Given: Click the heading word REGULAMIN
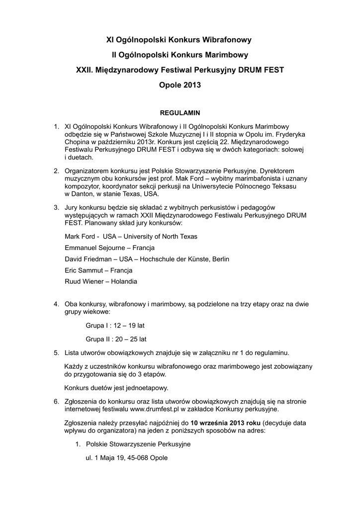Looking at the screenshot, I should (x=180, y=113).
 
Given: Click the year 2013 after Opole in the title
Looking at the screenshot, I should (x=192, y=85).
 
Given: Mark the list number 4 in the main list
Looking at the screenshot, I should (x=56, y=304).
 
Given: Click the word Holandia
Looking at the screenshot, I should (x=122, y=281).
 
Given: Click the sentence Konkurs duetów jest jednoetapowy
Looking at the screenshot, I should (x=117, y=388).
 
